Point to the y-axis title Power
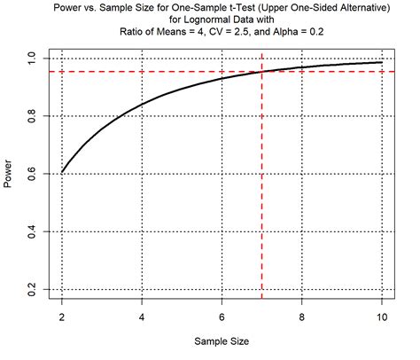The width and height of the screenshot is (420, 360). [10, 174]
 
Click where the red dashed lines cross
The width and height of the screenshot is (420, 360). [262, 71]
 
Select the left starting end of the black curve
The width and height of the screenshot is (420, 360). [62, 172]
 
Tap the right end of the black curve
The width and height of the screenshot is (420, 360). [382, 62]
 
